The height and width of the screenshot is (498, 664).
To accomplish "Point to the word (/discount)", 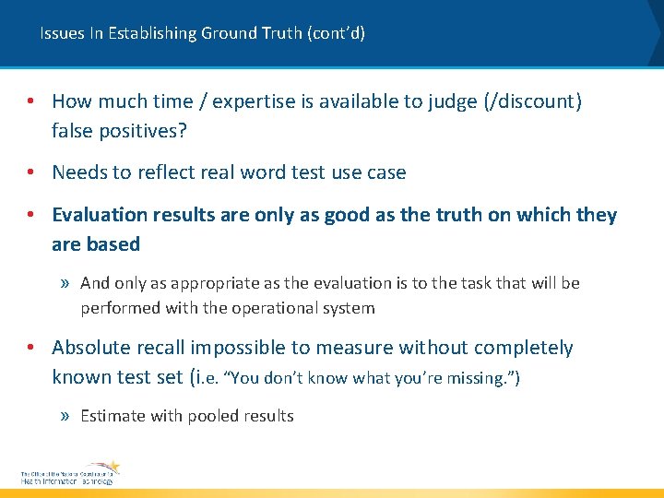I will click(x=532, y=101).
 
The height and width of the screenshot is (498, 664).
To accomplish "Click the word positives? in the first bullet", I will click(x=144, y=131).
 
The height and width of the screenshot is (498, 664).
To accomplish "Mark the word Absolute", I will click(x=90, y=348).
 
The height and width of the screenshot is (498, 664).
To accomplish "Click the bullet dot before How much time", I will click(x=31, y=101).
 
